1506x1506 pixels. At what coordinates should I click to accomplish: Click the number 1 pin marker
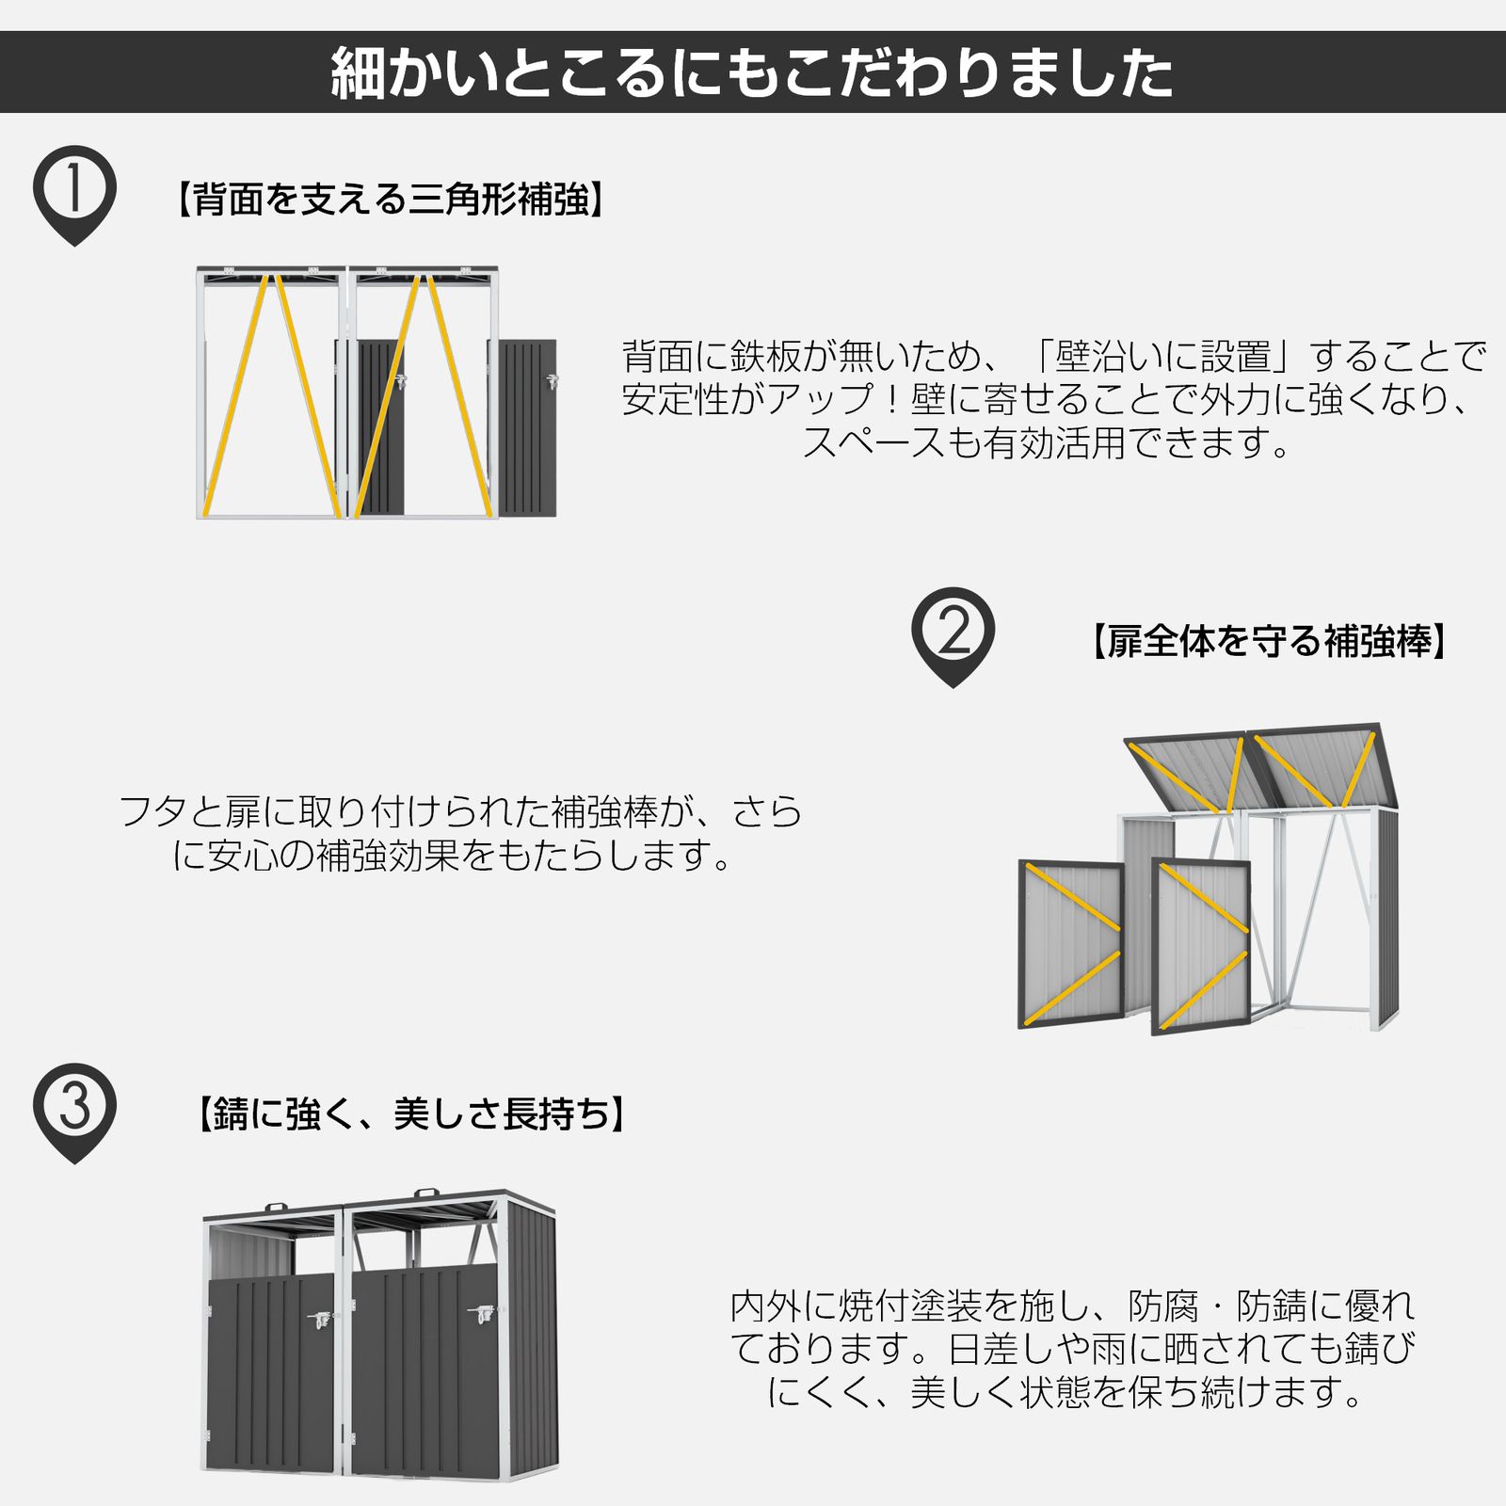tap(74, 189)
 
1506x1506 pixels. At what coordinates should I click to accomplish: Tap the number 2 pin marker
tap(953, 632)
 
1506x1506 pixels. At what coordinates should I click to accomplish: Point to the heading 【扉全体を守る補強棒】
tap(1268, 641)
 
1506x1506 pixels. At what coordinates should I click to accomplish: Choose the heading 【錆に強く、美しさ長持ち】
tap(410, 1114)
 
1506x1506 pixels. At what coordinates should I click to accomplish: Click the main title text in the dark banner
tap(752, 72)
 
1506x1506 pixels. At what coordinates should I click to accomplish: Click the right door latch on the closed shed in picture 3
tap(483, 1313)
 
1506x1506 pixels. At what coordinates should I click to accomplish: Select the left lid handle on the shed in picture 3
tap(276, 1208)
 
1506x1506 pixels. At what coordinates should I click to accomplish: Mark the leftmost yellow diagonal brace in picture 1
tap(236, 395)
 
